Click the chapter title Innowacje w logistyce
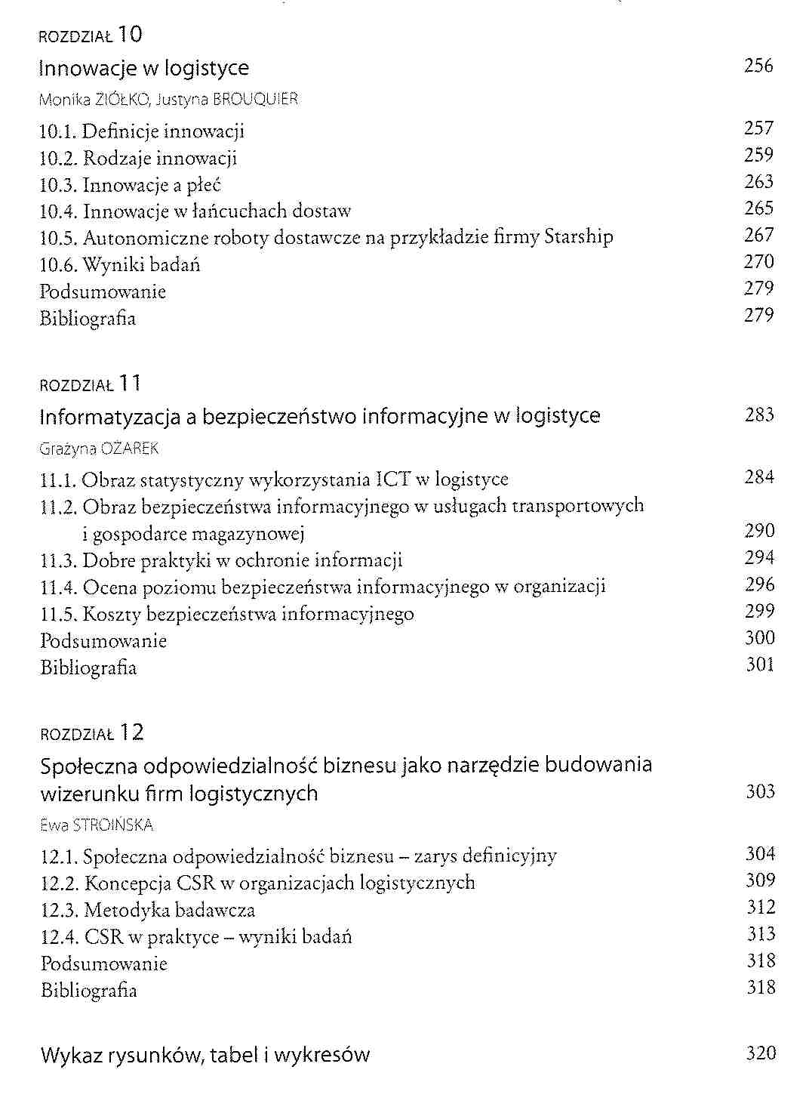pyautogui.click(x=143, y=69)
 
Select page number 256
pyautogui.click(x=758, y=66)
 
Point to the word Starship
pyautogui.click(x=579, y=238)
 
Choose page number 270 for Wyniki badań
pyautogui.click(x=758, y=262)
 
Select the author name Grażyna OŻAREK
pyautogui.click(x=99, y=449)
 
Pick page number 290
pyautogui.click(x=759, y=531)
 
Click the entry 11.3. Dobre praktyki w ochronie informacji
pyautogui.click(x=221, y=560)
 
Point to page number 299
pyautogui.click(x=759, y=611)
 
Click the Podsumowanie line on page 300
pyautogui.click(x=103, y=641)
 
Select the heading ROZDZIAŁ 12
pyautogui.click(x=91, y=733)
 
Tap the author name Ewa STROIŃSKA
pyautogui.click(x=97, y=825)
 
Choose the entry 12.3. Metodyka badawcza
pyautogui.click(x=148, y=910)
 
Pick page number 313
pyautogui.click(x=761, y=934)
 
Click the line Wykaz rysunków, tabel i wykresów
pyautogui.click(x=205, y=1055)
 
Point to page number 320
pyautogui.click(x=761, y=1053)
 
